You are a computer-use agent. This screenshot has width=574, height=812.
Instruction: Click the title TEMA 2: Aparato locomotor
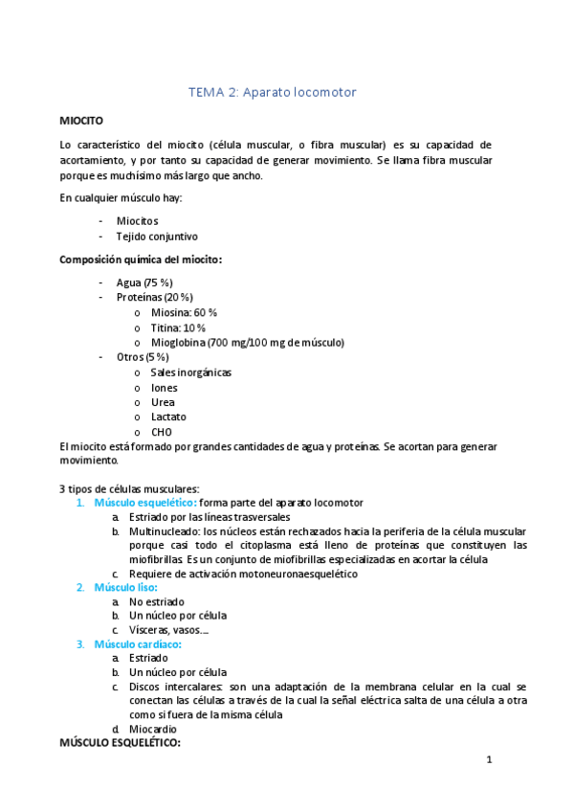(274, 92)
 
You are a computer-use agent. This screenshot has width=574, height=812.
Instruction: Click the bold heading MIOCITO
(88, 122)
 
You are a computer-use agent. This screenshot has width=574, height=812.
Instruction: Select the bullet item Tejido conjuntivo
(157, 237)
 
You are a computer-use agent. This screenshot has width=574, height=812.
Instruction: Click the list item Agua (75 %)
(143, 282)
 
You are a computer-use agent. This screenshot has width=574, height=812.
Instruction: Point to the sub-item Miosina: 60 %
(184, 312)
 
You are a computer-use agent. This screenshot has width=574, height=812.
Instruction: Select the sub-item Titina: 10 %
(178, 327)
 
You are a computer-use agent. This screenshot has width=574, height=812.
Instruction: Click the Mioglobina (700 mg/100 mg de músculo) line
(247, 342)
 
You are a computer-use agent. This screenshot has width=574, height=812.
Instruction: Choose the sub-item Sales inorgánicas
(191, 372)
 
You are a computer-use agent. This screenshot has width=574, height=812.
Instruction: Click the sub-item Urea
(163, 402)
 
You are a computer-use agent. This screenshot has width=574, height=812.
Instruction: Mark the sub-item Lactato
(168, 417)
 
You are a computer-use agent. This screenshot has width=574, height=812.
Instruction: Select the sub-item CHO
(161, 432)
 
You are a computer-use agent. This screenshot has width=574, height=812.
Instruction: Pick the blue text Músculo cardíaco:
(138, 644)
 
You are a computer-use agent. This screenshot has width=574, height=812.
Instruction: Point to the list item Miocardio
(153, 729)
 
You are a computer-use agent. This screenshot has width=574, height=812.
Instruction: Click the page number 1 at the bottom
(489, 760)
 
